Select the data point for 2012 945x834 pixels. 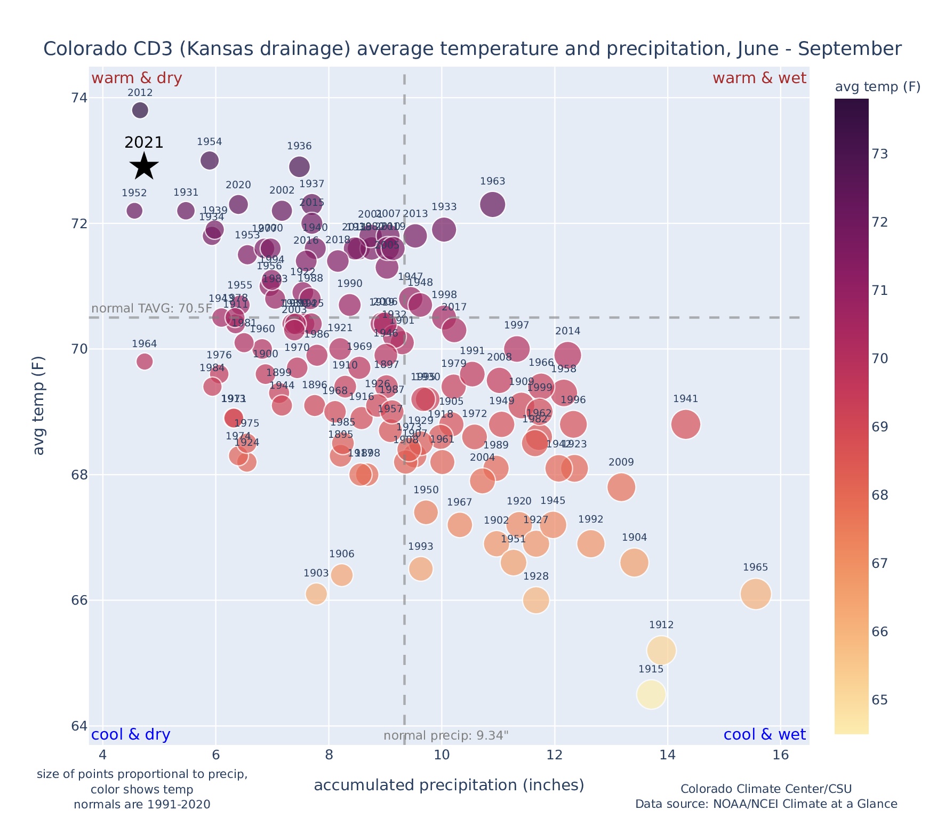(x=140, y=110)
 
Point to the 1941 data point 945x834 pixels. (x=686, y=424)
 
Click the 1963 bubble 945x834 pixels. (x=493, y=204)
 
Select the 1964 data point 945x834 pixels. (x=145, y=362)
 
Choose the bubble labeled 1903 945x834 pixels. (x=316, y=594)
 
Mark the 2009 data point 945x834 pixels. (x=621, y=487)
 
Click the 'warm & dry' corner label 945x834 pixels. (x=137, y=78)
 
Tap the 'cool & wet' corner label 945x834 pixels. (x=764, y=735)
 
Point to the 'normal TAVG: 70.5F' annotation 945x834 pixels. (x=152, y=309)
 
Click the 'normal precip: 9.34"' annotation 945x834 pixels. (x=446, y=736)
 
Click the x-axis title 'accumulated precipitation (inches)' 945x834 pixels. (x=449, y=785)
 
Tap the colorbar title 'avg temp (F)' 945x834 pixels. (x=877, y=87)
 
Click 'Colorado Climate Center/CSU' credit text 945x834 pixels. (x=766, y=789)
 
